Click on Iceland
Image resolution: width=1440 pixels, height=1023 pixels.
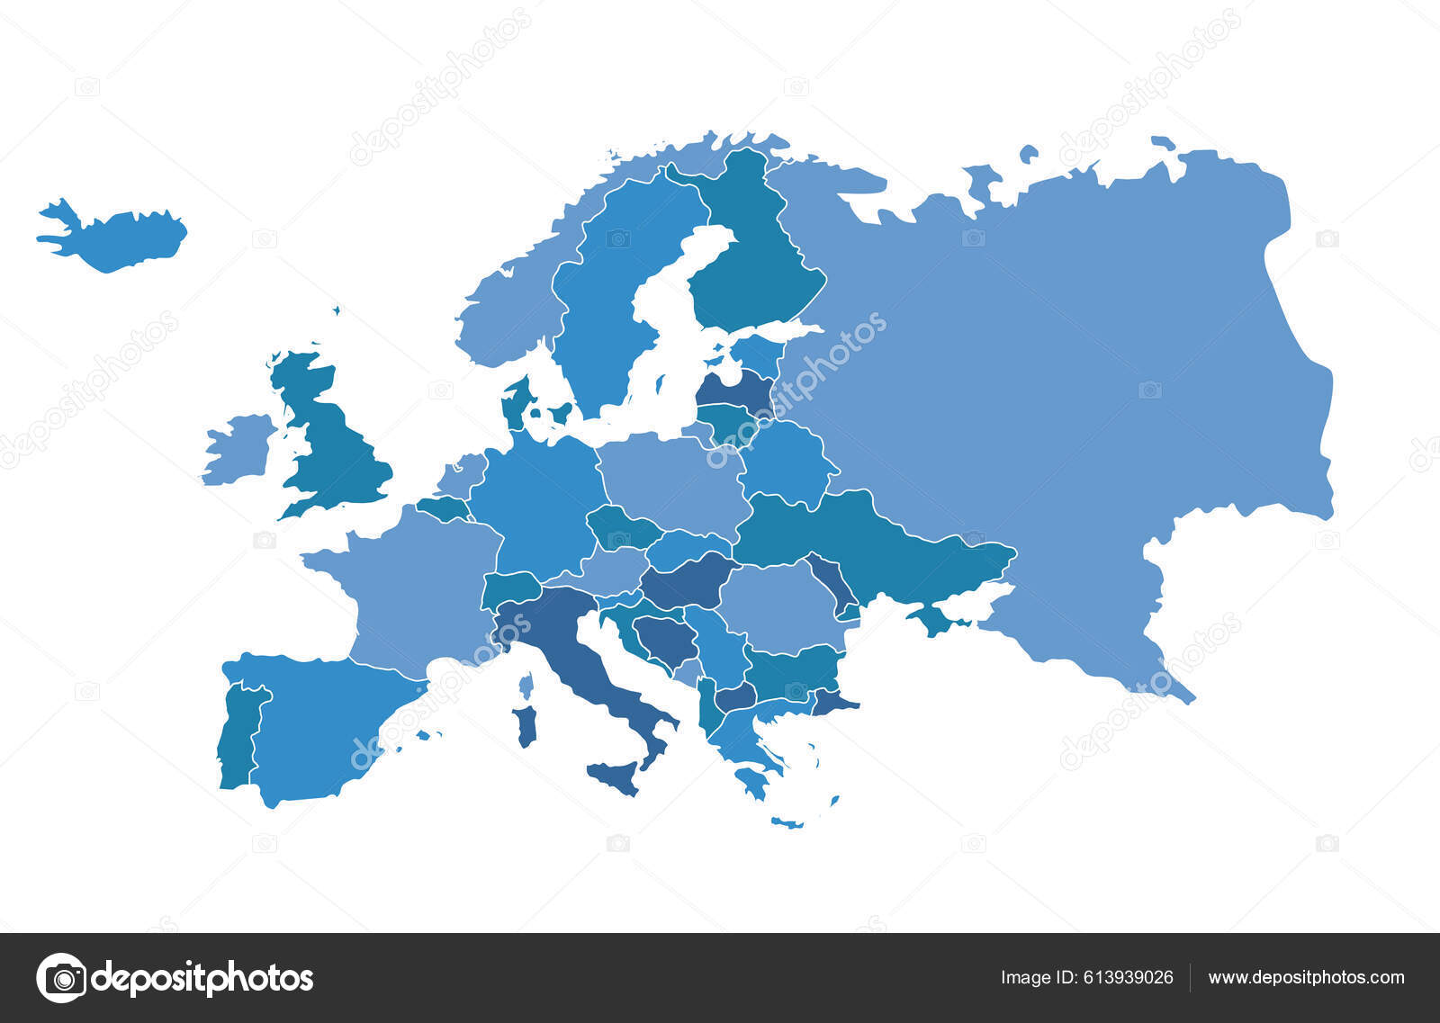click(x=117, y=236)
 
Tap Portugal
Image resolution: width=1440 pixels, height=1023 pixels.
click(x=238, y=738)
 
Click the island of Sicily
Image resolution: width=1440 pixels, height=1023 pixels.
click(x=615, y=776)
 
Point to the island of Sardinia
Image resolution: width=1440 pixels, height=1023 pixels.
click(x=525, y=726)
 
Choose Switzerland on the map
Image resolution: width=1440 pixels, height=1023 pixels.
click(x=509, y=589)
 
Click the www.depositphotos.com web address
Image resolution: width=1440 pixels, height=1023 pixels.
click(x=1306, y=977)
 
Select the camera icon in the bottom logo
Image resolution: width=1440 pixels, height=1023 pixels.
click(x=62, y=977)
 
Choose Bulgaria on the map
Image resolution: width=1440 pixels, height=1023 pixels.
click(x=792, y=670)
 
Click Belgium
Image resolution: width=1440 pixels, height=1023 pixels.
click(x=443, y=509)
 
